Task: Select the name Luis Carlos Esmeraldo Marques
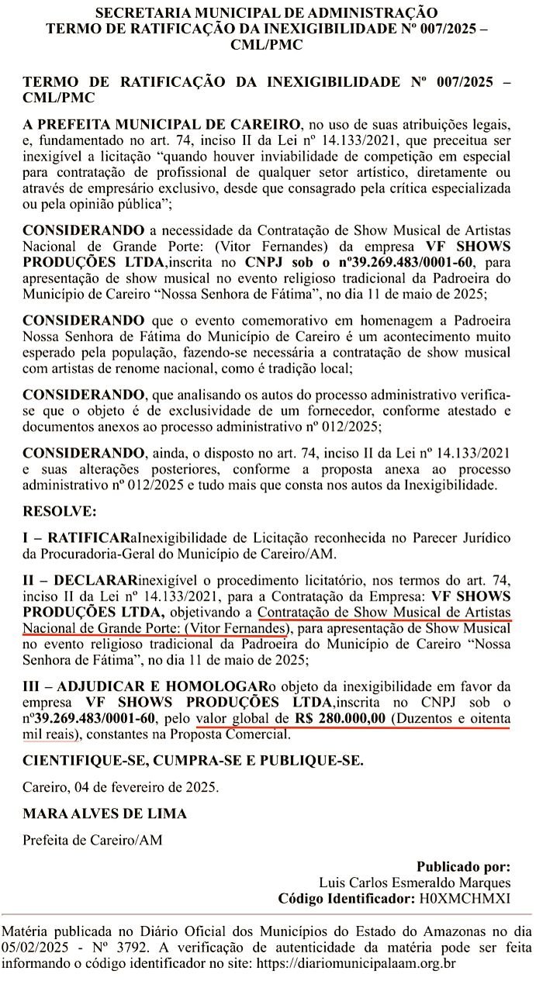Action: pyautogui.click(x=414, y=883)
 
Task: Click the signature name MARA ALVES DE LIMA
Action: pyautogui.click(x=105, y=814)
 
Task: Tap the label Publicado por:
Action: pyautogui.click(x=463, y=866)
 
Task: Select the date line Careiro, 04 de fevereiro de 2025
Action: pyautogui.click(x=120, y=786)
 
